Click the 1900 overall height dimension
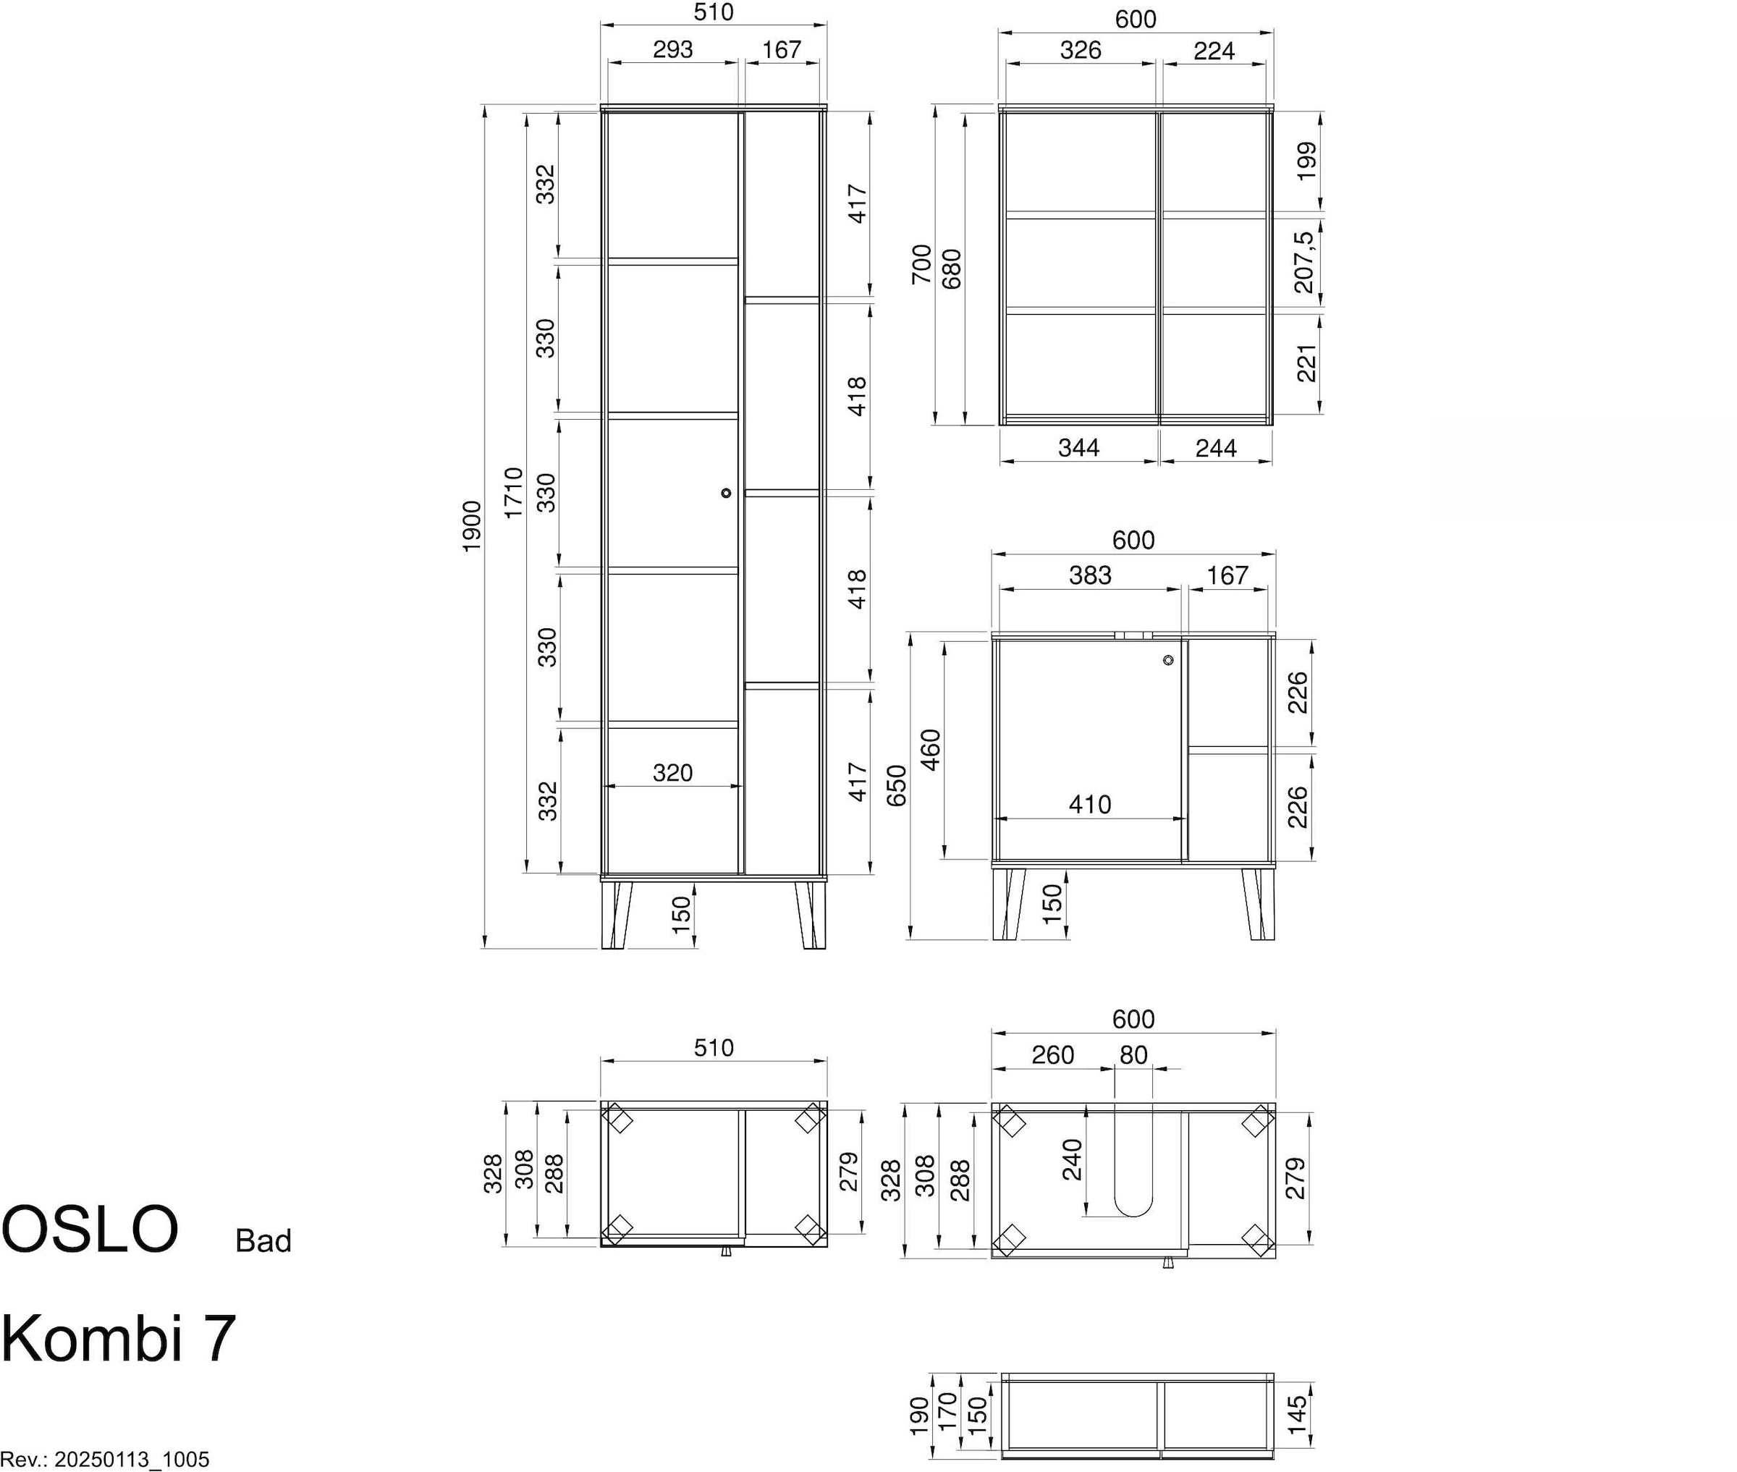[x=471, y=525]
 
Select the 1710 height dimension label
[x=514, y=492]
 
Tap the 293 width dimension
[x=672, y=50]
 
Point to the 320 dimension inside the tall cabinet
[x=672, y=773]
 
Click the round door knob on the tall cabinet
[x=726, y=493]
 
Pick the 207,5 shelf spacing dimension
[x=1304, y=262]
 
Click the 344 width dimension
[x=1078, y=448]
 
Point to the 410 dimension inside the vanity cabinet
[x=1089, y=805]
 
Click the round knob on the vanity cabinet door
[x=1168, y=661]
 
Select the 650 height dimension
[x=896, y=785]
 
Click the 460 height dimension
[x=930, y=749]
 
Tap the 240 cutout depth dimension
[x=1073, y=1159]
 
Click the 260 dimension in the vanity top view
[x=1053, y=1056]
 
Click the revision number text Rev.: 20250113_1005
[x=105, y=1460]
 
